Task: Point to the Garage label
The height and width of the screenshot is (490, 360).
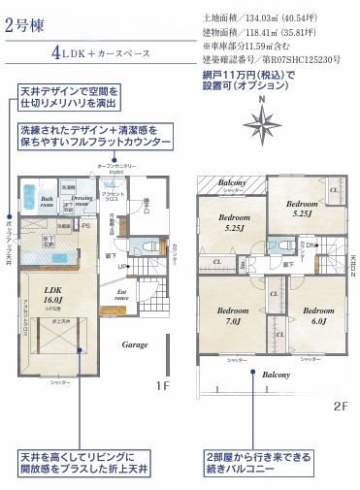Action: coord(134,344)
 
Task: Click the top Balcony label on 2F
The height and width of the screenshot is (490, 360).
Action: coord(231,181)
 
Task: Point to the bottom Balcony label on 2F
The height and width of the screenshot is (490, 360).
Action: coord(278,374)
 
